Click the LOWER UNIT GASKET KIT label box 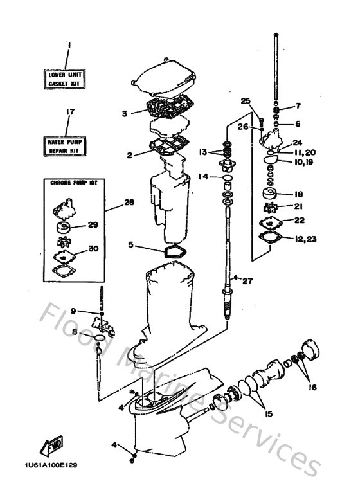66,78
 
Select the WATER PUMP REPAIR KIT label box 66,145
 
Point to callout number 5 130,244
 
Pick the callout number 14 203,176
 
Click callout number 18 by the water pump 298,193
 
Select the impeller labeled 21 271,208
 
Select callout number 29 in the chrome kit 93,225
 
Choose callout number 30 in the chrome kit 93,248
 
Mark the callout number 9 73,311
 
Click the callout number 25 244,101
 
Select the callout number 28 129,203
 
